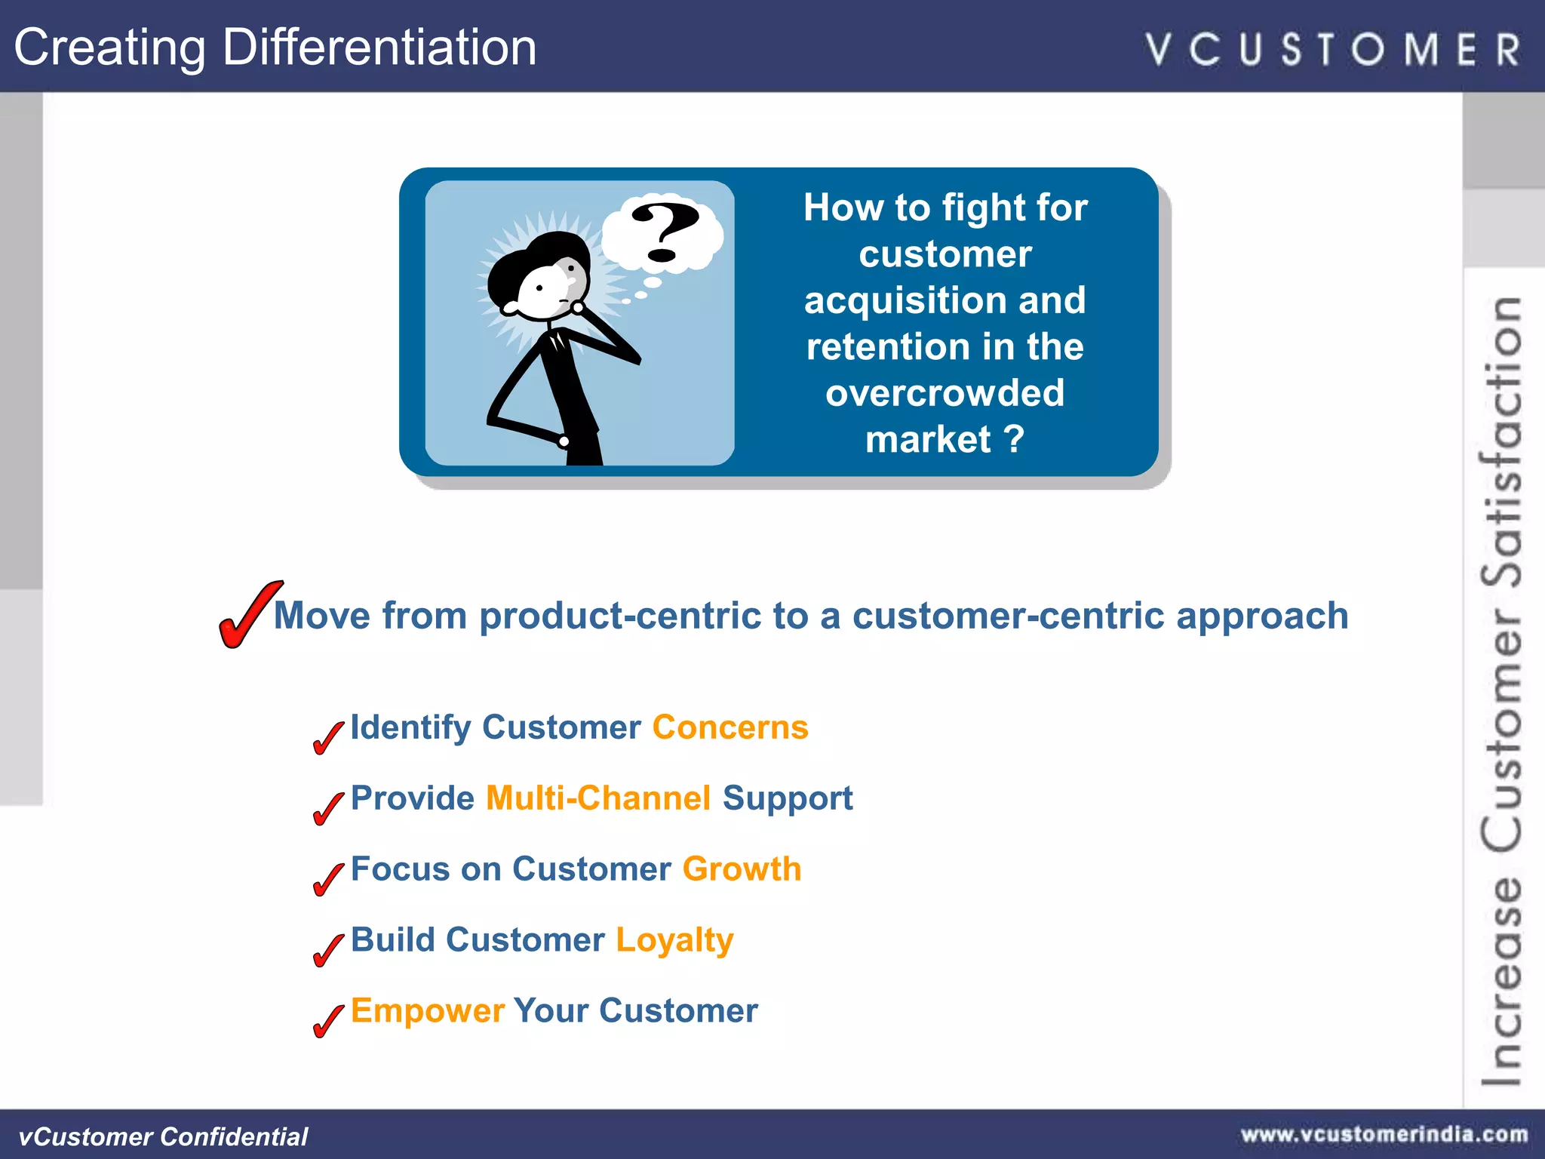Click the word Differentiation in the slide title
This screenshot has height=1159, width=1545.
379,47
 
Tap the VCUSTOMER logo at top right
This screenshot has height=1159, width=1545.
1333,50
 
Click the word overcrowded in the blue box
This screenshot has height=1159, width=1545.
945,393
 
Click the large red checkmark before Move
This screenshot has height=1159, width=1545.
248,615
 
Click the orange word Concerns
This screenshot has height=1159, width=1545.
730,727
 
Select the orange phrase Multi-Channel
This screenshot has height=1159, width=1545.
598,798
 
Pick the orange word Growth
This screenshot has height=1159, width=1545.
742,869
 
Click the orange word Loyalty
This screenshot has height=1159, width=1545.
674,940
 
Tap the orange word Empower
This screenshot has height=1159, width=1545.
427,1011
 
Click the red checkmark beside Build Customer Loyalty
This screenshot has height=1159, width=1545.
327,949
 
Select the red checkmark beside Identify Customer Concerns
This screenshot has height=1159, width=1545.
327,736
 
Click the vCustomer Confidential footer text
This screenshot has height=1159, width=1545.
163,1136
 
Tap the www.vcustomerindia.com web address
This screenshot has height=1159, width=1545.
1384,1134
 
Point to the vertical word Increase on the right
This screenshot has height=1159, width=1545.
1501,981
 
